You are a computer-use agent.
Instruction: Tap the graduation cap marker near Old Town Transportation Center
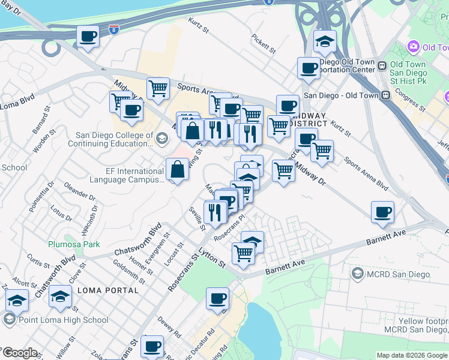[x=325, y=42]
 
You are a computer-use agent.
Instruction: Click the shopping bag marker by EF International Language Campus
[x=178, y=170]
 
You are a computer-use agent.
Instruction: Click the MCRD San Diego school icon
[x=357, y=274]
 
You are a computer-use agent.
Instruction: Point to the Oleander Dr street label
[x=79, y=191]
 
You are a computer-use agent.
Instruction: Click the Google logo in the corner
[x=19, y=353]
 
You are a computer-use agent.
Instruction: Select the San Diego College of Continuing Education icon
[x=161, y=139]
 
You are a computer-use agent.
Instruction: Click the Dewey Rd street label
[x=170, y=329]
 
